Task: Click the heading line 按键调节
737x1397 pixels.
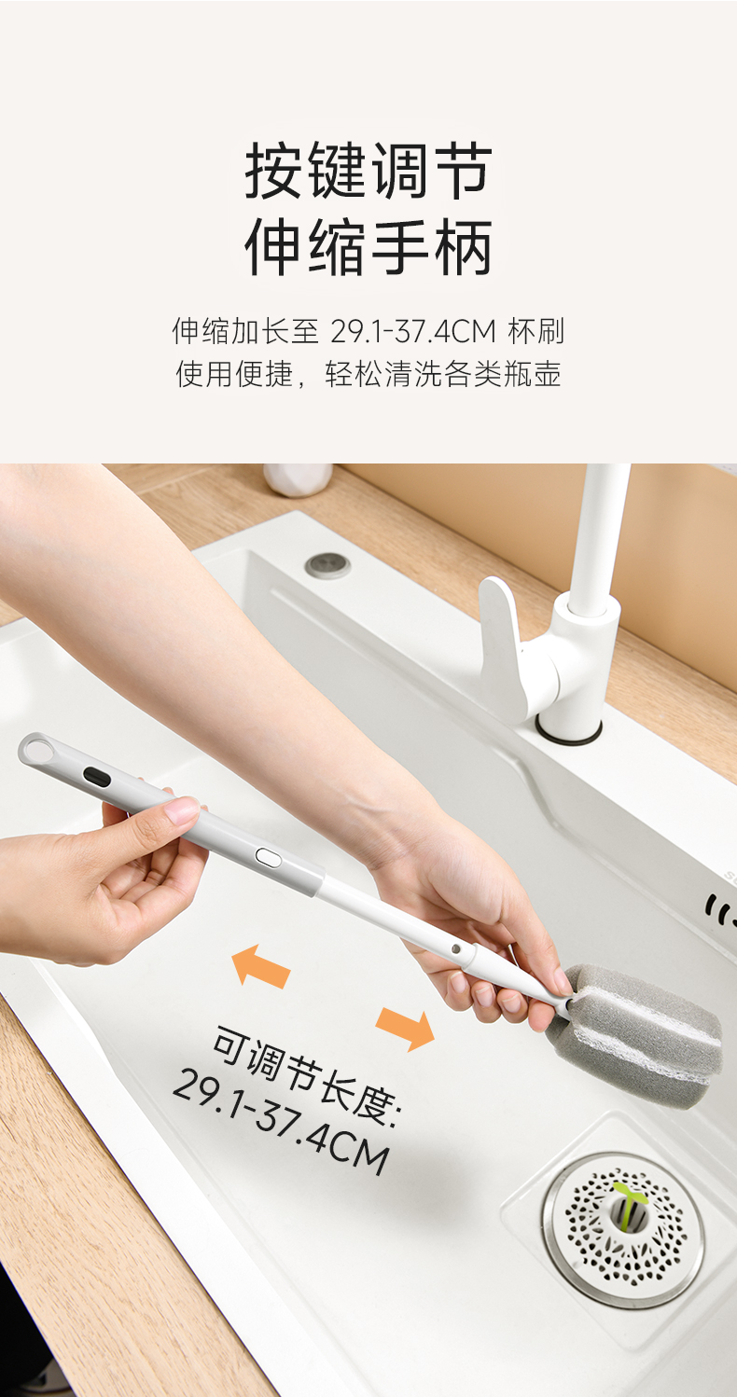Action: click(x=368, y=171)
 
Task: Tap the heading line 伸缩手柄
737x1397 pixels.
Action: click(x=368, y=247)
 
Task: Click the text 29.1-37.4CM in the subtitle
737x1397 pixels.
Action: click(x=413, y=331)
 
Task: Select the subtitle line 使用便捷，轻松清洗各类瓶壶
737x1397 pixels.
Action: click(x=368, y=374)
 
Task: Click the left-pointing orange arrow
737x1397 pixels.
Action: click(x=261, y=966)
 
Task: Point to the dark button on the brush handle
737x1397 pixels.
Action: click(x=97, y=777)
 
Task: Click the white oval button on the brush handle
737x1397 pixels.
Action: click(x=269, y=857)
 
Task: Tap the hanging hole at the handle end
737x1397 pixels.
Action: click(x=38, y=748)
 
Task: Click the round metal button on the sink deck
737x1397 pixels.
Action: click(x=327, y=565)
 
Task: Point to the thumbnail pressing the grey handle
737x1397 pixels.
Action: click(x=181, y=810)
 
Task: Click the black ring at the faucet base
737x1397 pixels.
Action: click(x=568, y=733)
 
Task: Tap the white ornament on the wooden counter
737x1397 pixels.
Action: click(x=298, y=479)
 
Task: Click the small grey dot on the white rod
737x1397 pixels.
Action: click(x=455, y=948)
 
